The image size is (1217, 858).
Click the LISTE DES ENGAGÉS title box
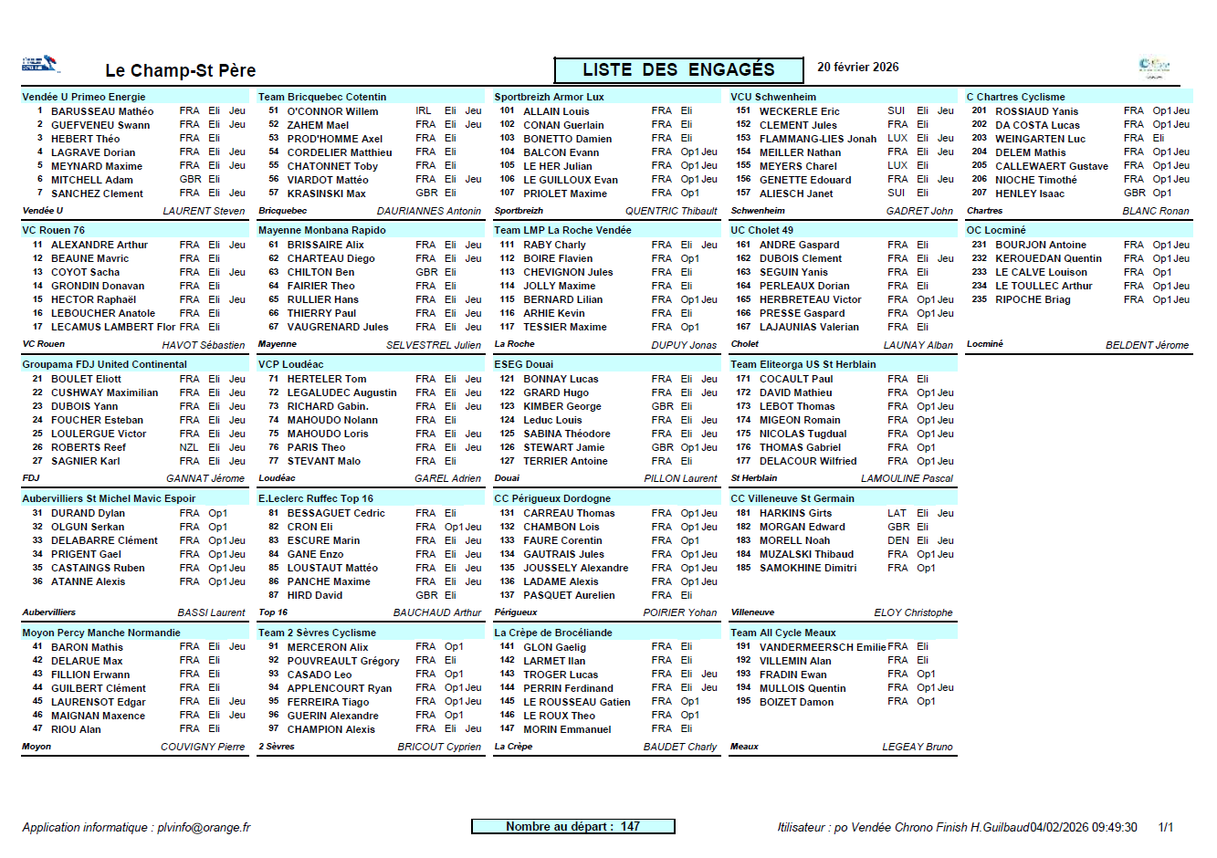click(x=678, y=70)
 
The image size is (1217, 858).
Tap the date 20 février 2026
click(x=857, y=68)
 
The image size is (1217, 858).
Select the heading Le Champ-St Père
click(x=180, y=70)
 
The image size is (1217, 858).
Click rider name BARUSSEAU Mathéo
click(x=102, y=111)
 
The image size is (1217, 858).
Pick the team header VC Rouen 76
click(x=54, y=230)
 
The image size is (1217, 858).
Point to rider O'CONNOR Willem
click(x=332, y=111)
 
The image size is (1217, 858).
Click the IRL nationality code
click(x=424, y=111)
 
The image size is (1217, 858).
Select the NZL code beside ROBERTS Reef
click(x=189, y=447)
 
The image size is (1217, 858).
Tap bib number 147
click(x=507, y=728)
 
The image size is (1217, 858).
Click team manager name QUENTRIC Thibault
click(x=671, y=211)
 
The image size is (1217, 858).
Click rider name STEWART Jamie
click(x=563, y=447)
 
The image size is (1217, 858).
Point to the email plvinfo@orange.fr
click(x=204, y=827)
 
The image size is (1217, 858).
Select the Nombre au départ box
click(x=572, y=826)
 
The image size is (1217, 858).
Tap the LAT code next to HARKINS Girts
click(x=897, y=513)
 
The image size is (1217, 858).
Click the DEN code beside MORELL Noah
click(x=897, y=540)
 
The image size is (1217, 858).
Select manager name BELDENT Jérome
click(x=1147, y=345)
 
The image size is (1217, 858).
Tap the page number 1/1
click(x=1165, y=827)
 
